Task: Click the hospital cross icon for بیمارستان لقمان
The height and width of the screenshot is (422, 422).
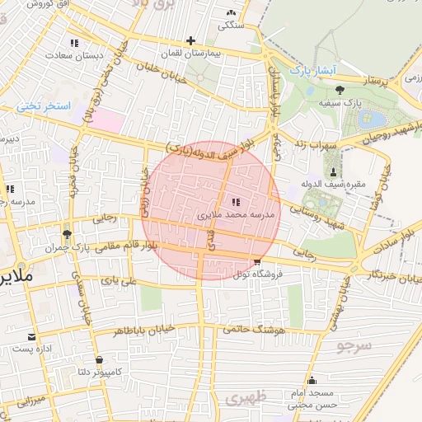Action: tap(191, 40)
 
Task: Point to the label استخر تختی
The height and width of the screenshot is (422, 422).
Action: tap(45, 107)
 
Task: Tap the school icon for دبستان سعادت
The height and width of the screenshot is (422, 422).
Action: tap(74, 43)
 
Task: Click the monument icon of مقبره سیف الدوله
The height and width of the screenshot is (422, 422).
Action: tap(333, 171)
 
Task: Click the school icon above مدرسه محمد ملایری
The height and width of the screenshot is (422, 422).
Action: tap(236, 201)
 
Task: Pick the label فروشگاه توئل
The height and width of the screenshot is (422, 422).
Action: tap(257, 274)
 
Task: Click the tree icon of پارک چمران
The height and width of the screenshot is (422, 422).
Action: tap(67, 235)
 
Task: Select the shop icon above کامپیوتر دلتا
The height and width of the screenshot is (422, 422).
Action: tap(99, 359)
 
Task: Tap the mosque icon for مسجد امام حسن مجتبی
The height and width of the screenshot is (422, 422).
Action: tap(312, 381)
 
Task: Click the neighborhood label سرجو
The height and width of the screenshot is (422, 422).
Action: tap(354, 345)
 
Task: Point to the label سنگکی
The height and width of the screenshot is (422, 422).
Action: tap(230, 26)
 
